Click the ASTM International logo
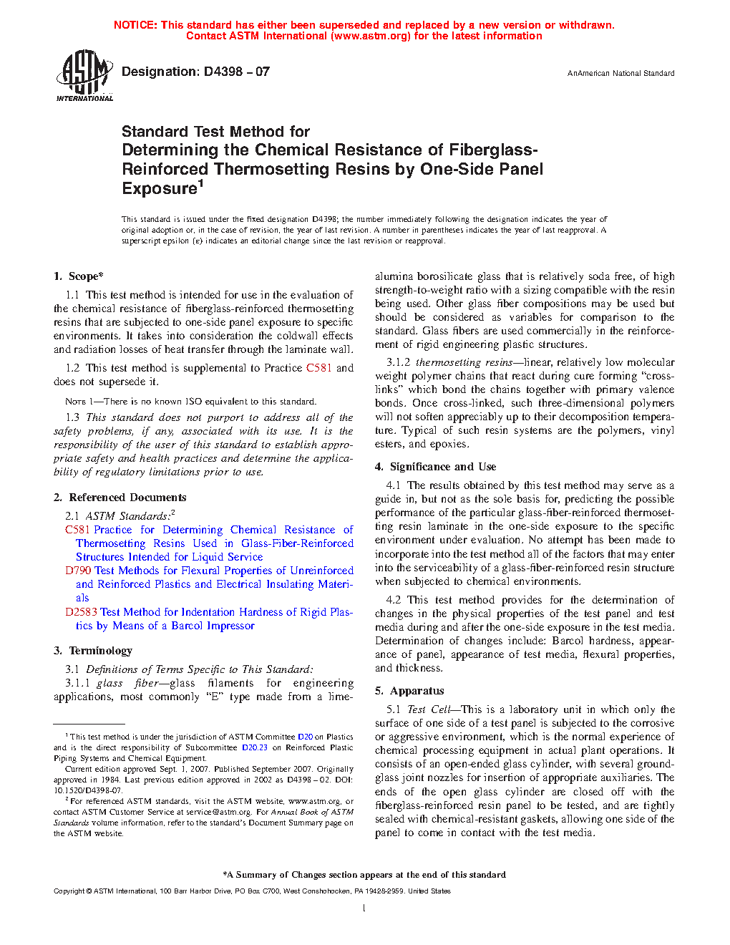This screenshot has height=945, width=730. click(x=84, y=75)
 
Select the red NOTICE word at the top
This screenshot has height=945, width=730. click(x=135, y=25)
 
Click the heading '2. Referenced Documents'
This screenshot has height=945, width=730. click(x=120, y=498)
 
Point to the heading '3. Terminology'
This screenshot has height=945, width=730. click(x=93, y=651)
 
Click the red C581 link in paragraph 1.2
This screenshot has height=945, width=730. click(x=318, y=368)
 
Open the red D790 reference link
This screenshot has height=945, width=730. click(x=78, y=571)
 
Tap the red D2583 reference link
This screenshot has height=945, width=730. click(x=81, y=612)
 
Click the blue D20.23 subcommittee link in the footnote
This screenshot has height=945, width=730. click(x=254, y=747)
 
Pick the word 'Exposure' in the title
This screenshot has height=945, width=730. click(x=160, y=189)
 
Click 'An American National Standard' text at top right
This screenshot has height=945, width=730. click(x=620, y=73)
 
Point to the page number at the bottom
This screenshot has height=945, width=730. click(x=364, y=908)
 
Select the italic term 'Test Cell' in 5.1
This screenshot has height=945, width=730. click(x=429, y=709)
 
